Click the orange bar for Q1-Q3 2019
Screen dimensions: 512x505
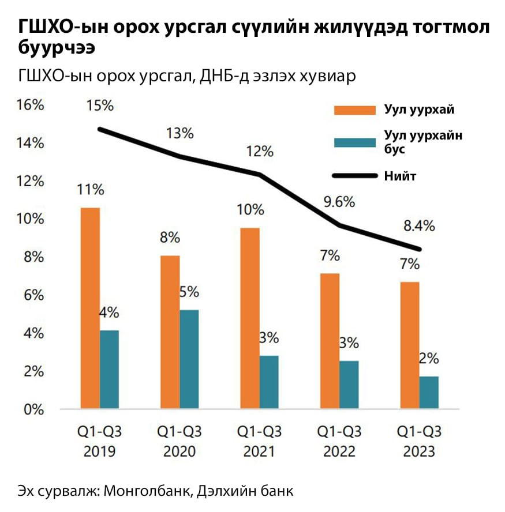[x=91, y=308]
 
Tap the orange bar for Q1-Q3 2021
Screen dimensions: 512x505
[x=250, y=318]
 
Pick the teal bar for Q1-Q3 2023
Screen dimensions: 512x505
[x=429, y=393]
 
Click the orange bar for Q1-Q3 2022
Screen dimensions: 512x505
[x=331, y=341]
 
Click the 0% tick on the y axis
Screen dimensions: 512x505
[x=32, y=410]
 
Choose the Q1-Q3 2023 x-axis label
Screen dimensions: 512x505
[x=420, y=441]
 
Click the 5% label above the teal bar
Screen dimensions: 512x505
[x=189, y=292]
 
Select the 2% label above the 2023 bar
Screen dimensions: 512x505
[x=428, y=358]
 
